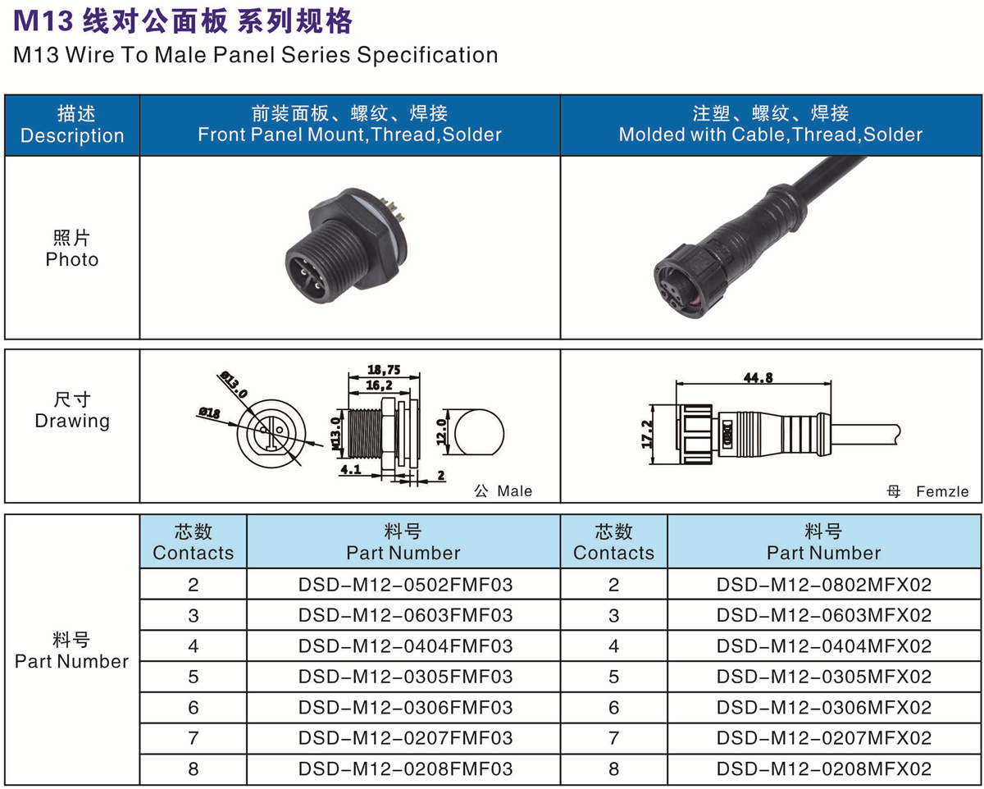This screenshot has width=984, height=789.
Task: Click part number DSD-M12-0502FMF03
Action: coord(405,585)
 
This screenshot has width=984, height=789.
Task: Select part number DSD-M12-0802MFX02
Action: coord(824,585)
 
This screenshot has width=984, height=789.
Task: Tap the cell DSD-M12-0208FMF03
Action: coord(405,768)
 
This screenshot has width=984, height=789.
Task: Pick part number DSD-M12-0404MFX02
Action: coord(824,645)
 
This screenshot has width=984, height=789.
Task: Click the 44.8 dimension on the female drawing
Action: coord(758,377)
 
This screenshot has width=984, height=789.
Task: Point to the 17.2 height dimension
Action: coord(647,434)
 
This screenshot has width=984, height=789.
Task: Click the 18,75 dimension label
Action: coord(384,370)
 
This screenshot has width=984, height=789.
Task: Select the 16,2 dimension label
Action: coord(379,385)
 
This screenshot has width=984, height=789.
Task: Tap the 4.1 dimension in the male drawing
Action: coord(351,469)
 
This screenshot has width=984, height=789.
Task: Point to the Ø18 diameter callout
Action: coord(209,413)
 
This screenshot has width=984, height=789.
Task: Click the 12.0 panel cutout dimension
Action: coord(441,431)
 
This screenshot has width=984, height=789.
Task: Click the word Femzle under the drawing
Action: coord(942,492)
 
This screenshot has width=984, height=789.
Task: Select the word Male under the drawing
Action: coord(514,491)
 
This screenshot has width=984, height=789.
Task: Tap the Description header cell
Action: coord(72,125)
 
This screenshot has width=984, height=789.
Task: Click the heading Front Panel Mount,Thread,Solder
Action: coord(350,135)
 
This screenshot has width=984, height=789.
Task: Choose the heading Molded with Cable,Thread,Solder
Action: coord(771,135)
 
